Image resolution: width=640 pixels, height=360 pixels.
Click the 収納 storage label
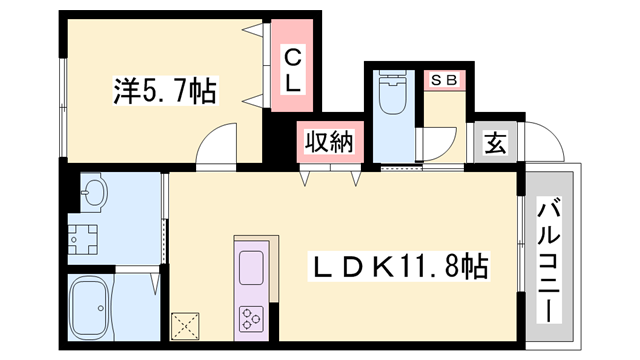tap(329, 144)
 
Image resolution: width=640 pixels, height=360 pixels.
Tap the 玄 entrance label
tap(494, 144)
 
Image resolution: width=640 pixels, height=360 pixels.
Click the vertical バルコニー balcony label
tap(550, 259)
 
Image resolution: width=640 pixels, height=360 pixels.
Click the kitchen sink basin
tap(250, 268)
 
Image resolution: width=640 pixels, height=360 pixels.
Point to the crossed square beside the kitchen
tap(187, 321)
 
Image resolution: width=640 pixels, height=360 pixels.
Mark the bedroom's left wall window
tap(63, 90)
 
